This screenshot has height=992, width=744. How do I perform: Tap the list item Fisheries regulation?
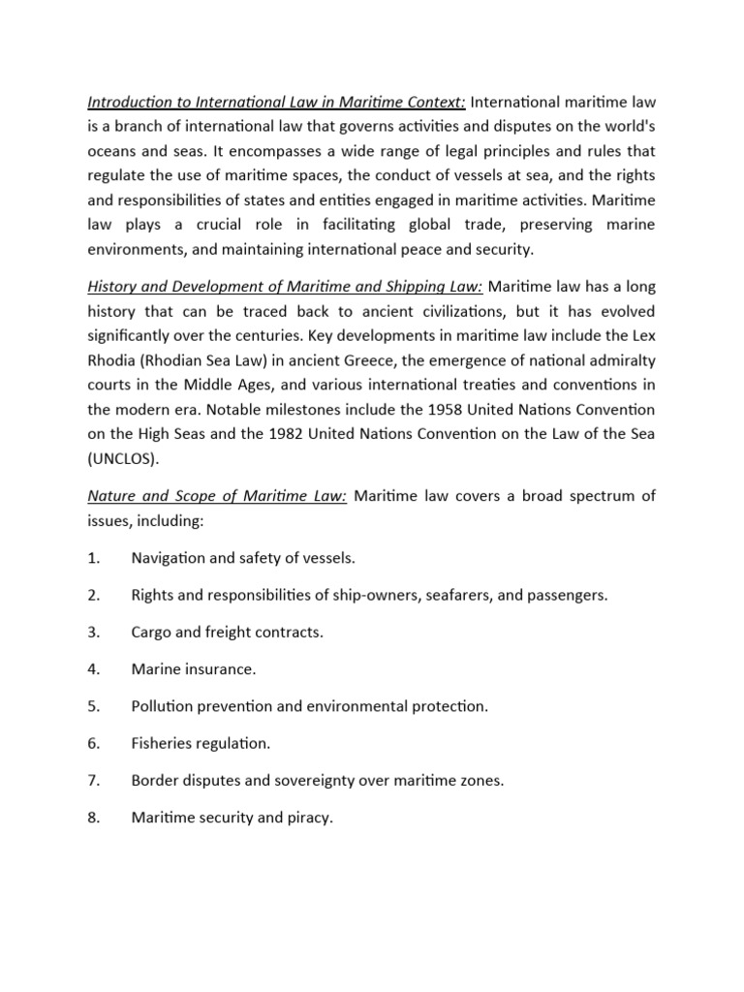coord(201,743)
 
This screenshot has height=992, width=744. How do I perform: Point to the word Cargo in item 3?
coord(152,633)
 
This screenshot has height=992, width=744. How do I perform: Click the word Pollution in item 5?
coord(163,706)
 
